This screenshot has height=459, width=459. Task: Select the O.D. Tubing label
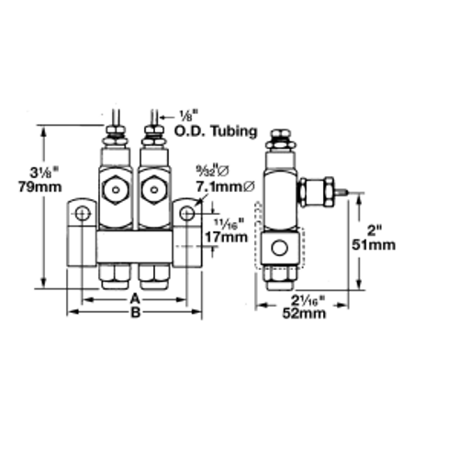209,131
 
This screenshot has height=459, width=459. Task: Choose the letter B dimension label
134,313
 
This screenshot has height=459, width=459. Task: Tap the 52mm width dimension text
304,313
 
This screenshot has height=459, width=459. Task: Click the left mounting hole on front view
82,214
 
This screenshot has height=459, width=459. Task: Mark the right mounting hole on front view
187,214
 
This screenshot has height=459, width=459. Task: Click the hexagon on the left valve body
117,190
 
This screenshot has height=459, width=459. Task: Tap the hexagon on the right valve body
153,190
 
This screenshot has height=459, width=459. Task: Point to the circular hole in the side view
277,247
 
